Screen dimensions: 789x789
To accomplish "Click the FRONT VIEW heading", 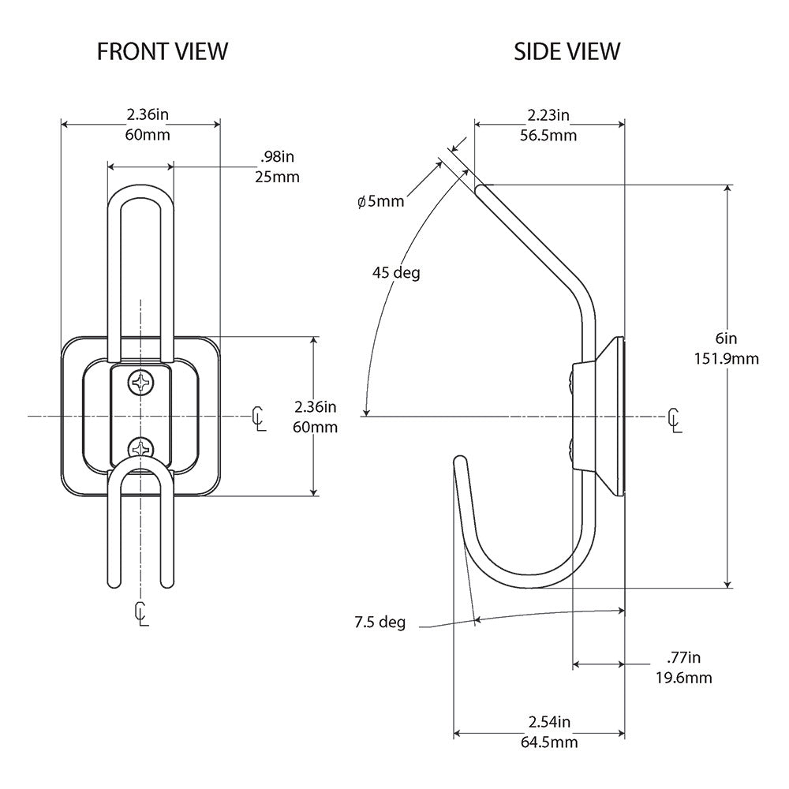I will pyautogui.click(x=163, y=52).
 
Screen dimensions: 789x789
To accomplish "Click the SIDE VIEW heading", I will pyautogui.click(x=567, y=52).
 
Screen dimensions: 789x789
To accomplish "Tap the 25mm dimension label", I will pyautogui.click(x=277, y=177).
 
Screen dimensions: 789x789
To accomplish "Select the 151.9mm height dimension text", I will pyautogui.click(x=726, y=359).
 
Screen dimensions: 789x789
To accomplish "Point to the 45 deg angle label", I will pyautogui.click(x=396, y=273).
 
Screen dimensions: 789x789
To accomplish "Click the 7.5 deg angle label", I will pyautogui.click(x=380, y=623).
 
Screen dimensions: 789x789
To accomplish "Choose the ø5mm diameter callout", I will pyautogui.click(x=380, y=202).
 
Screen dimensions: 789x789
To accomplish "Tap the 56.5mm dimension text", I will pyautogui.click(x=549, y=135).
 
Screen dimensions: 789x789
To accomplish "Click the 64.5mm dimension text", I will pyautogui.click(x=549, y=742).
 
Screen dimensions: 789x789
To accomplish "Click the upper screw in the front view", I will pyautogui.click(x=141, y=383).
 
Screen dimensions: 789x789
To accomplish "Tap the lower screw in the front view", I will pyautogui.click(x=141, y=448).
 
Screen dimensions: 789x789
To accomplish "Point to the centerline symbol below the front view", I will pyautogui.click(x=141, y=613).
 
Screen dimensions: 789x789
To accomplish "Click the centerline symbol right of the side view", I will pyautogui.click(x=674, y=420).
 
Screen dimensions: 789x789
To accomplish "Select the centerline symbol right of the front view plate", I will pyautogui.click(x=258, y=418).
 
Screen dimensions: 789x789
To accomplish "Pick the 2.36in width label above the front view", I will pyautogui.click(x=147, y=114).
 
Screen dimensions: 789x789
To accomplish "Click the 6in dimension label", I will pyautogui.click(x=726, y=338).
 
